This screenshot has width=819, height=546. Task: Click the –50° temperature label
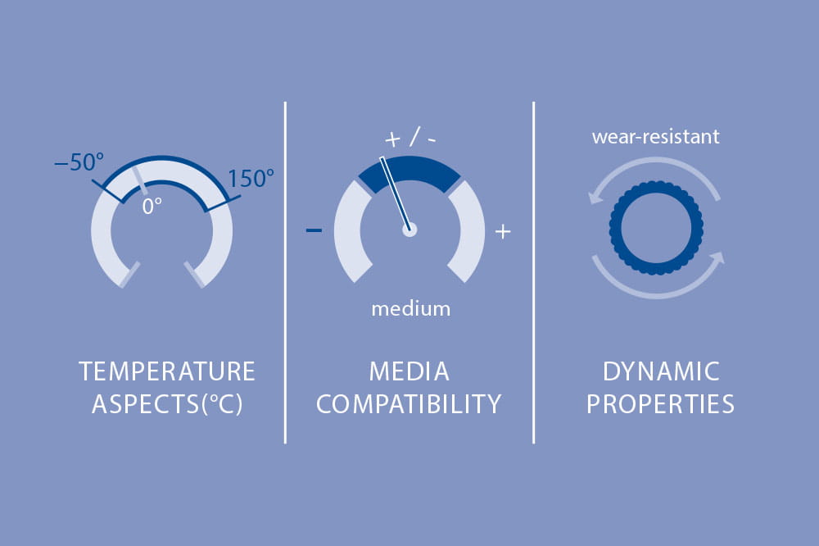click(79, 162)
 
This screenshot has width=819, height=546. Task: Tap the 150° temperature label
click(251, 179)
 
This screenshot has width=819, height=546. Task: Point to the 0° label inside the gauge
click(152, 207)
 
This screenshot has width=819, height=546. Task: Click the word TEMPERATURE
click(167, 371)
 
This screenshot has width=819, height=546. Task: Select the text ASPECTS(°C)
click(167, 404)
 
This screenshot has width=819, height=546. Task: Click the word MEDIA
click(409, 371)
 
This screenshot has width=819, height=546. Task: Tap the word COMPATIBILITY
click(409, 404)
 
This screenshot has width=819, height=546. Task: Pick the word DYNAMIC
click(661, 371)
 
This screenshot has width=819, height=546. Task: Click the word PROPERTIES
click(661, 404)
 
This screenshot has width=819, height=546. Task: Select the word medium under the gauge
click(411, 309)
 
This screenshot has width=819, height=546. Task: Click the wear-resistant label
click(655, 137)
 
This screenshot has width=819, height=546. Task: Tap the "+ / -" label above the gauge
click(410, 138)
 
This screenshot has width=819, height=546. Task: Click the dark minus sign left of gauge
click(314, 230)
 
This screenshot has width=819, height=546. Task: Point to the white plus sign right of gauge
click(503, 231)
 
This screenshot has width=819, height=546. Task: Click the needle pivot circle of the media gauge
click(409, 229)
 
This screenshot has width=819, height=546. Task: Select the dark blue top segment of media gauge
click(409, 170)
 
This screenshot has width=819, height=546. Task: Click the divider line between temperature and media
click(285, 272)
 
